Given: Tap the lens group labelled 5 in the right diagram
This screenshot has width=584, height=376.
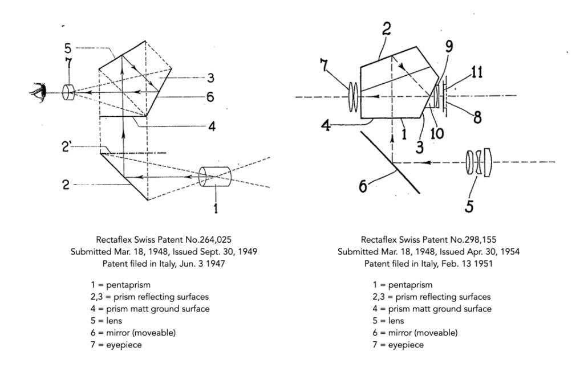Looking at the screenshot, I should click(x=478, y=162).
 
